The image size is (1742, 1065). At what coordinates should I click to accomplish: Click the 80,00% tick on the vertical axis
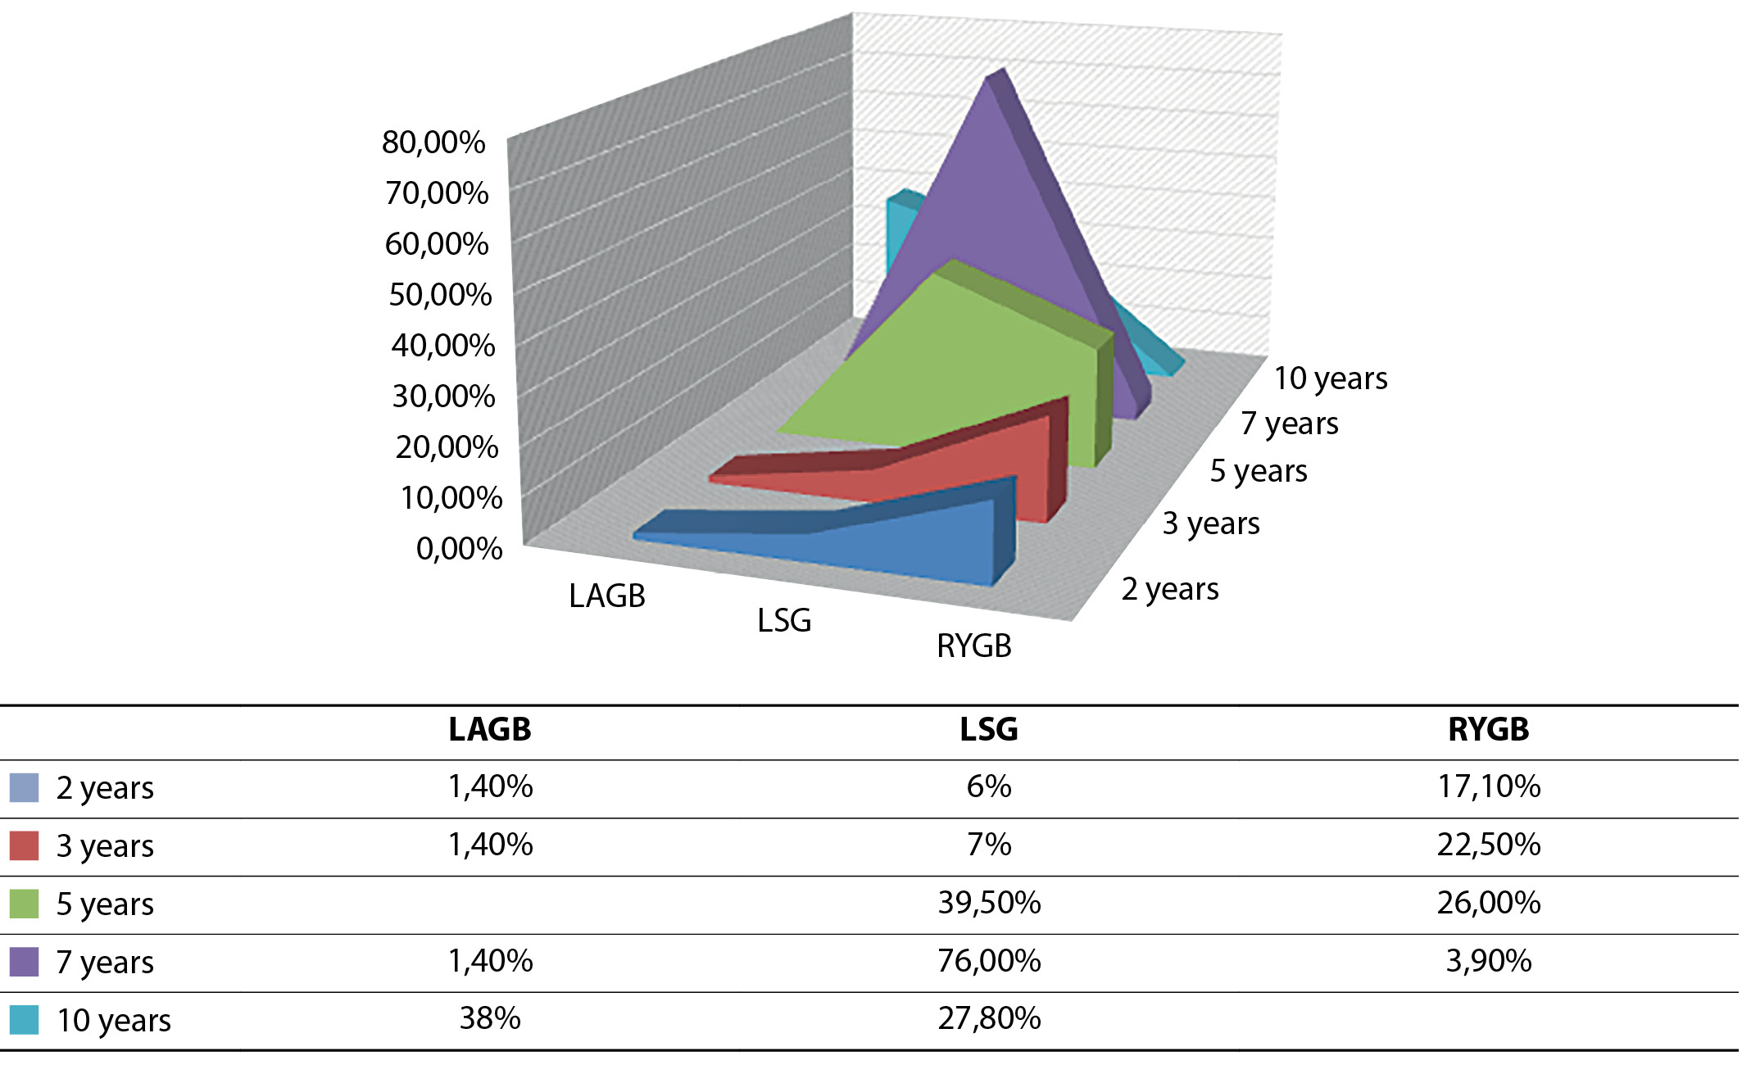tap(433, 143)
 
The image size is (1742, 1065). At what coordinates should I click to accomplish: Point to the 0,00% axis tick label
tap(459, 548)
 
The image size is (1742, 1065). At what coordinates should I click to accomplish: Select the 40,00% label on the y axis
tap(442, 345)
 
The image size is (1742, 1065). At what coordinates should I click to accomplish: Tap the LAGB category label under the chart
tap(607, 596)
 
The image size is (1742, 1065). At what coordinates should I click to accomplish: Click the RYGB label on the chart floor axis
tap(974, 646)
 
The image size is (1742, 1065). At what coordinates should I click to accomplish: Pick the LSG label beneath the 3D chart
tap(784, 620)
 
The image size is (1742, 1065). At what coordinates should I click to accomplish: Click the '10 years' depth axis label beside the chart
tap(1331, 378)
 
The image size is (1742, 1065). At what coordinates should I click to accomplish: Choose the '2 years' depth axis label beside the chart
tap(1170, 589)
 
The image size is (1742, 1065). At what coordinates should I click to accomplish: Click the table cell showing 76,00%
tap(989, 961)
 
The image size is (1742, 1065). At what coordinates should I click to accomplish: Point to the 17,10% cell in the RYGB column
tap(1489, 786)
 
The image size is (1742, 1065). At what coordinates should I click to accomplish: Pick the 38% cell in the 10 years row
tap(490, 1018)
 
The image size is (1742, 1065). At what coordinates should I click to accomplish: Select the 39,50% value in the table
tap(989, 903)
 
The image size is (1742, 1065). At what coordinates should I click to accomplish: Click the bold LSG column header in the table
tap(989, 729)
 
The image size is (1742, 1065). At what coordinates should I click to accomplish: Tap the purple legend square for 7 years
tap(24, 962)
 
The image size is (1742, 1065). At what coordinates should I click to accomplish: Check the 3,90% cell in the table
tap(1489, 961)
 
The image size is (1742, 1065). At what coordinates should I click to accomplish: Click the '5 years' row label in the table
tap(105, 904)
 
